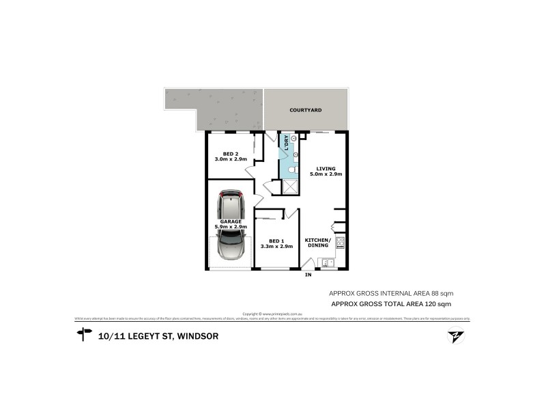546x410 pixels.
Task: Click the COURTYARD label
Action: pyautogui.click(x=305, y=109)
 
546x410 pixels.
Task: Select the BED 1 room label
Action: pyautogui.click(x=276, y=241)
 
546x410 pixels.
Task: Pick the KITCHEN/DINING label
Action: pyautogui.click(x=317, y=243)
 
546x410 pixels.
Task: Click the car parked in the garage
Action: pyautogui.click(x=231, y=225)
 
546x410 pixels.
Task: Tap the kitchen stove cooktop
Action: pyautogui.click(x=340, y=241)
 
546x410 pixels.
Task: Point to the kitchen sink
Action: pyautogui.click(x=328, y=262)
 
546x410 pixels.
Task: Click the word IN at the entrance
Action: pyautogui.click(x=308, y=275)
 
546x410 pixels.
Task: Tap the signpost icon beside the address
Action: pyautogui.click(x=85, y=334)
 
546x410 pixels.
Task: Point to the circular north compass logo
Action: pyautogui.click(x=453, y=336)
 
